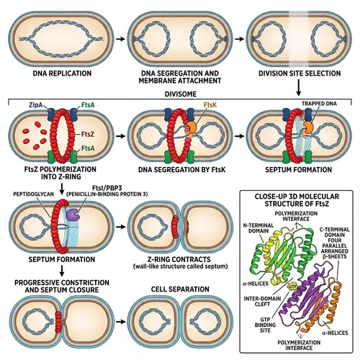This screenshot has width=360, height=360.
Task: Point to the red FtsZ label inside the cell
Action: (x=86, y=134)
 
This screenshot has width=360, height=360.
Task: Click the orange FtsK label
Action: (x=190, y=105)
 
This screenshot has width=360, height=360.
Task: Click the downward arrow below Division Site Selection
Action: (x=298, y=89)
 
